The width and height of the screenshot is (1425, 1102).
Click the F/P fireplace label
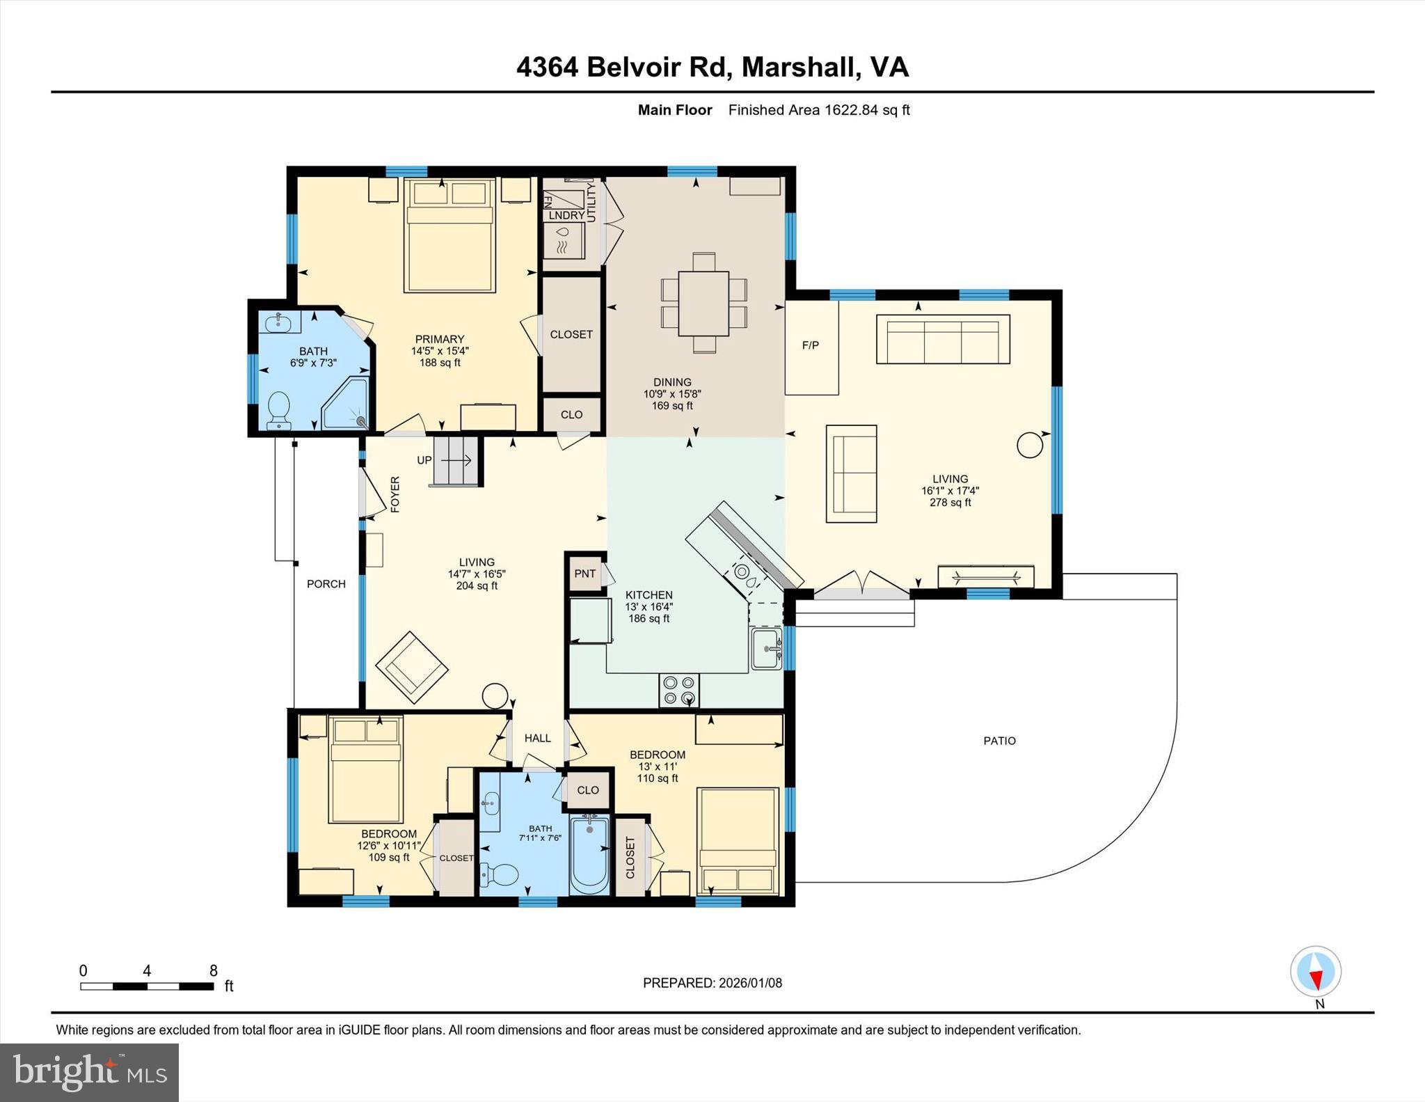coord(811,345)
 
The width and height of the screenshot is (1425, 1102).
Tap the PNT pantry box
coord(584,574)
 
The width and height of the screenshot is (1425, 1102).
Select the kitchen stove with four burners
coord(679,690)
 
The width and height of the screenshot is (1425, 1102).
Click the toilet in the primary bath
coord(279,410)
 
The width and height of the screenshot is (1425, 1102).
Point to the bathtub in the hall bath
coord(589,855)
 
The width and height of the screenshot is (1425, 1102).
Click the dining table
coord(703,303)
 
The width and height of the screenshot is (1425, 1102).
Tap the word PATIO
coord(999,741)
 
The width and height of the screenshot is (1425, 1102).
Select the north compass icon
coord(1315,972)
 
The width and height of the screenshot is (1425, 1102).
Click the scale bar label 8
coord(214,970)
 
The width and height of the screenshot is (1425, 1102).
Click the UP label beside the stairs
coord(424,460)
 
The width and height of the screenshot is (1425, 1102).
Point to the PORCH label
coord(326,584)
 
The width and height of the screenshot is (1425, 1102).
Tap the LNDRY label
coord(566,215)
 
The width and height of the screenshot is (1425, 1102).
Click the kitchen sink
coord(767,648)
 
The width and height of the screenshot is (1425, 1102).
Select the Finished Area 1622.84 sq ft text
coord(819,110)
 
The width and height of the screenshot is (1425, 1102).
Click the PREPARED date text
coord(712,983)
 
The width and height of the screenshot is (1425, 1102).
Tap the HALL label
coord(537,738)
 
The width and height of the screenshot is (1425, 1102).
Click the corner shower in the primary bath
coord(346,404)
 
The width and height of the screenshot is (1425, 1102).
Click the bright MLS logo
coord(89,1072)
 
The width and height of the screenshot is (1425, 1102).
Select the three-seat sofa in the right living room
coord(942,339)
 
